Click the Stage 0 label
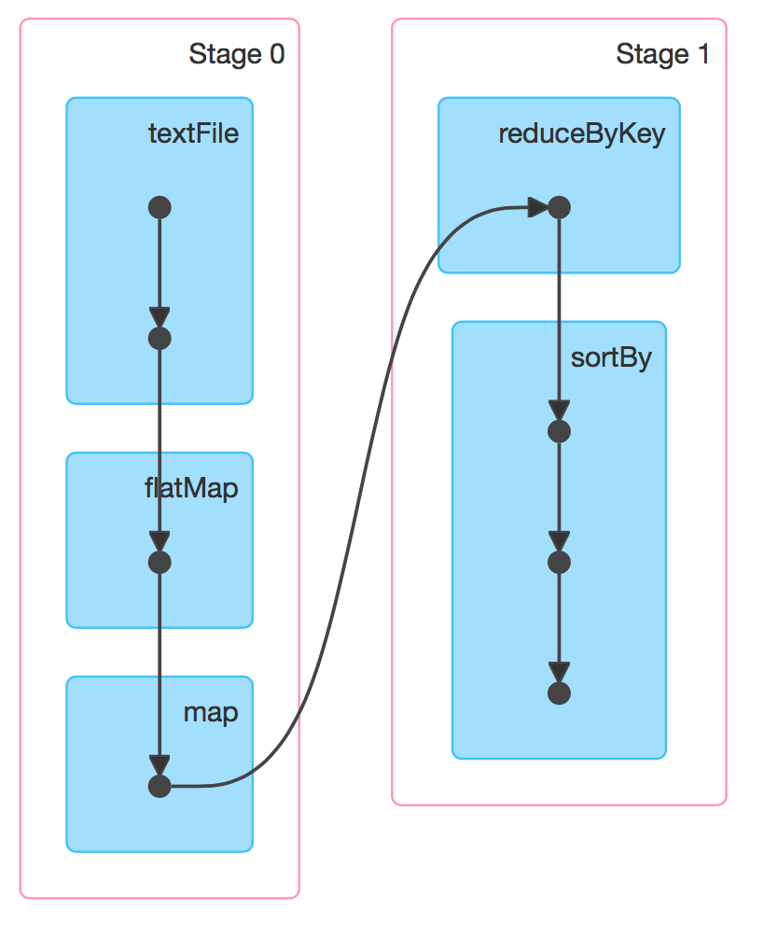coord(236,54)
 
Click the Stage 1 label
coord(662,54)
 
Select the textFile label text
coord(193,133)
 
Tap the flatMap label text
coord(191,488)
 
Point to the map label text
coord(210,713)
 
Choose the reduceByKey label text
coord(581,133)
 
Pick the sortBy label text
coord(610,358)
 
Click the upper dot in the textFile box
coord(160,207)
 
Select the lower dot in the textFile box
coord(160,338)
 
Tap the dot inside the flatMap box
coord(160,562)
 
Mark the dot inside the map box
coord(160,787)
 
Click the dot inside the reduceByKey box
coord(558,207)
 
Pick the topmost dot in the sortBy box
coord(558,431)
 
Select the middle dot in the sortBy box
coord(558,562)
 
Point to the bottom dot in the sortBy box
coord(558,693)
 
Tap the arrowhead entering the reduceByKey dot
coord(537,207)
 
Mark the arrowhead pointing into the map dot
coord(160,766)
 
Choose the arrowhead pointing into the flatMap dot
coord(160,541)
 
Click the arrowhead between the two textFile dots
coord(160,317)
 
